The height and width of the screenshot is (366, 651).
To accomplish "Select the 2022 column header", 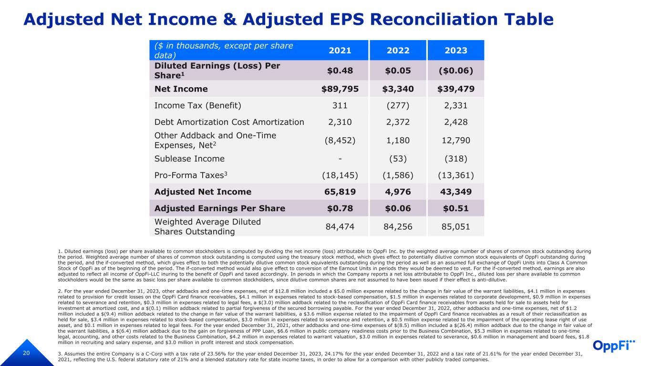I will point(398,51).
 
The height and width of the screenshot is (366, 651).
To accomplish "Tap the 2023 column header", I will point(456,51).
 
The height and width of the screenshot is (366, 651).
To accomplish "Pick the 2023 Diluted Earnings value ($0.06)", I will point(456,71).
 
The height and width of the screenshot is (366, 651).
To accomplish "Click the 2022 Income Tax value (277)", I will point(398,105).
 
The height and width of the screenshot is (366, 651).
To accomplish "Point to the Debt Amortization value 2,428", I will point(456,122).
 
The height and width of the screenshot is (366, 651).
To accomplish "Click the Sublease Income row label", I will point(189,159).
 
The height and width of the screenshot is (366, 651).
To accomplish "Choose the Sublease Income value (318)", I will point(456,159).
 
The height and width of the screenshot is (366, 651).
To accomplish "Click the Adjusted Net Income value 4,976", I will point(398,192).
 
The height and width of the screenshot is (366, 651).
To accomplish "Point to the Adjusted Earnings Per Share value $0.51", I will point(456,208).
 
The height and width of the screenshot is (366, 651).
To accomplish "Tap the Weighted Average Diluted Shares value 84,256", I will point(398,227).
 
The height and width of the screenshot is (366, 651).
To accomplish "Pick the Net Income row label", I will point(181,89).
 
